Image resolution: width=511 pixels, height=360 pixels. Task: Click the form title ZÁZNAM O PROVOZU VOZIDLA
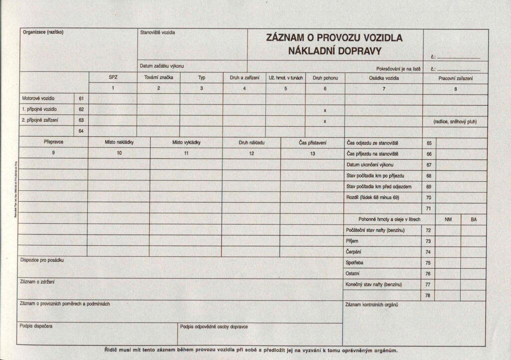point(334,38)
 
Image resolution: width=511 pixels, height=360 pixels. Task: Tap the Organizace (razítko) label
point(43,32)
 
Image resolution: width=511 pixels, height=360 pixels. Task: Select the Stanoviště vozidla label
point(158,32)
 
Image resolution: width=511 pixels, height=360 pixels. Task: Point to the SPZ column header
point(113,78)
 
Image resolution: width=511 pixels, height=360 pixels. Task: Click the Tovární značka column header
point(158,78)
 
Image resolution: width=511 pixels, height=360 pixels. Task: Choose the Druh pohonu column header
point(325,78)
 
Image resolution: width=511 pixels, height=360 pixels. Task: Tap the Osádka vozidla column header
point(384,78)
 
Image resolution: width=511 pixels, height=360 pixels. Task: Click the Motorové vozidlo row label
point(38,98)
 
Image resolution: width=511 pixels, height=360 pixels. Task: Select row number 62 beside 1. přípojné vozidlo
point(81,109)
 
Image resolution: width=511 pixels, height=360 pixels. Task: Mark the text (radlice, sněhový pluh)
point(455,121)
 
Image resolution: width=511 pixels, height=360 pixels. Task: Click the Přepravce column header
point(53,142)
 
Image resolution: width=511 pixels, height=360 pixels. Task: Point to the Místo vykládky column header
point(186,142)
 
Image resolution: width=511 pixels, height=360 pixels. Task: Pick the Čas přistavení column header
point(312,142)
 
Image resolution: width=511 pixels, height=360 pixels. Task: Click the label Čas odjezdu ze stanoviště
point(373,143)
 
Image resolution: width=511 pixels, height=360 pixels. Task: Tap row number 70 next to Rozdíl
point(429,198)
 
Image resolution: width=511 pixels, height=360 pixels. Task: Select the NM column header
point(448,219)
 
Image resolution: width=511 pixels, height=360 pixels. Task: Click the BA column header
point(473,219)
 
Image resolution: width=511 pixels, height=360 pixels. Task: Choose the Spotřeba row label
point(354,263)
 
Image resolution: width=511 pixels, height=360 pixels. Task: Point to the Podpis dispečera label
point(36,326)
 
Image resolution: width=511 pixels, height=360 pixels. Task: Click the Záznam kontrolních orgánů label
point(371,304)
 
